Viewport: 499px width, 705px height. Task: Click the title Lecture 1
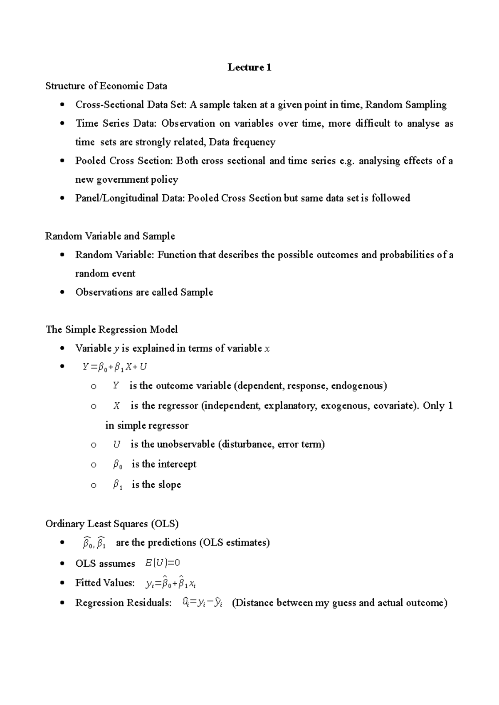click(249, 67)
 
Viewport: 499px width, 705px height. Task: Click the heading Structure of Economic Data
click(106, 86)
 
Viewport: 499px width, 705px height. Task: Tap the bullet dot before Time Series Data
click(62, 123)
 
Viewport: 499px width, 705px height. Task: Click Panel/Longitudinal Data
click(129, 198)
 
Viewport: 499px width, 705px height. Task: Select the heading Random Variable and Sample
click(110, 236)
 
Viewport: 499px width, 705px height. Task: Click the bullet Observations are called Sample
click(144, 292)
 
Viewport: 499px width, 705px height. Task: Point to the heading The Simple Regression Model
click(111, 329)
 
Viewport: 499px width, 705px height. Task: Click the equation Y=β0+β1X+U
click(115, 367)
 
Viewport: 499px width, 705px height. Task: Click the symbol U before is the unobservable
click(116, 444)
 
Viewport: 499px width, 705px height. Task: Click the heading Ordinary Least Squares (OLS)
click(112, 524)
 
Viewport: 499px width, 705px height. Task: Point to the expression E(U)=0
click(163, 563)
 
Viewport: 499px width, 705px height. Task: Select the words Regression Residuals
click(123, 602)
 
